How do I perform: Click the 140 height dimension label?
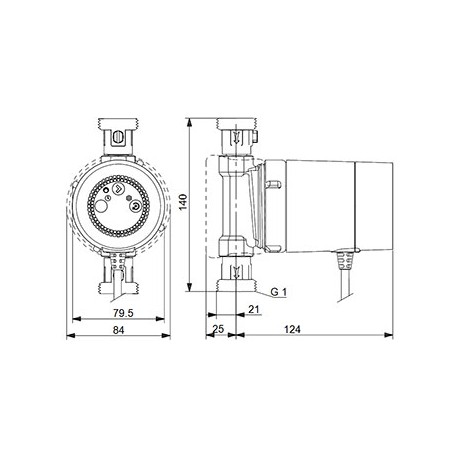pyautogui.click(x=184, y=202)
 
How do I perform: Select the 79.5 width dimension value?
pyautogui.click(x=123, y=313)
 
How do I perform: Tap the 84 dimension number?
pyautogui.click(x=118, y=330)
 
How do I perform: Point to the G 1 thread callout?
pyautogui.click(x=278, y=292)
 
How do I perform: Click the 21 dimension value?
pyautogui.click(x=254, y=309)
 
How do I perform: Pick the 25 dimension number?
pyautogui.click(x=218, y=329)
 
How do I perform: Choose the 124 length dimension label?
pyautogui.click(x=292, y=329)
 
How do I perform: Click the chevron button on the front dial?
pyautogui.click(x=118, y=189)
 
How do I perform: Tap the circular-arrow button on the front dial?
pyautogui.click(x=135, y=207)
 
